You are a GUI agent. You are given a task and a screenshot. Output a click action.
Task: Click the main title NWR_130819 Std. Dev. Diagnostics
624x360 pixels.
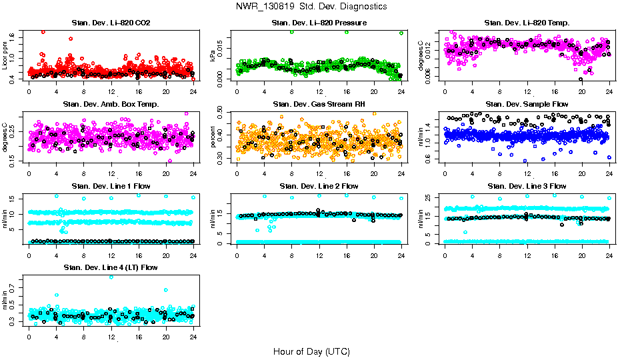(x=311, y=7)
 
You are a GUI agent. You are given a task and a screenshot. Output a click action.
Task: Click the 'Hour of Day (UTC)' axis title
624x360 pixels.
(x=311, y=351)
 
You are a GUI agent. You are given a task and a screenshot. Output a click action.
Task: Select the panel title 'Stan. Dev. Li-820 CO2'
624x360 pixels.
(x=111, y=23)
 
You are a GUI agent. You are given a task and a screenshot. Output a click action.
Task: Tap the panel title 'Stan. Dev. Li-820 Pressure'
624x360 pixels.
(x=319, y=23)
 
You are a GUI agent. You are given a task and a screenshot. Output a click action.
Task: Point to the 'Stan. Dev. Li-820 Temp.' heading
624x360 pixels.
(x=527, y=23)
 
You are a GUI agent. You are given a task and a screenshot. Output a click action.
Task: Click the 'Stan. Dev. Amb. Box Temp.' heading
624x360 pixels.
(x=111, y=104)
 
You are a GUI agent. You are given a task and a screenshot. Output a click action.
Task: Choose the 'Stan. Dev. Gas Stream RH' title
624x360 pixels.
(x=319, y=104)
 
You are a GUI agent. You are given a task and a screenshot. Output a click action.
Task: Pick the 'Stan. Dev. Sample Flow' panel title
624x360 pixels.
(x=527, y=104)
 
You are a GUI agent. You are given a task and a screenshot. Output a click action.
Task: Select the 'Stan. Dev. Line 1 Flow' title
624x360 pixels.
(x=111, y=186)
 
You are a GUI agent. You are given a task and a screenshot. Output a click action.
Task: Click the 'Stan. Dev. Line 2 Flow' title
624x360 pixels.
(x=319, y=186)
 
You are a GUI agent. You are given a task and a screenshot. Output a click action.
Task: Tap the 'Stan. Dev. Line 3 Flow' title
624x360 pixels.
(x=527, y=186)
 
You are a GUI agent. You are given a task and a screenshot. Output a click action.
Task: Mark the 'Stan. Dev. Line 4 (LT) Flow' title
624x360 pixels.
(x=111, y=267)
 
